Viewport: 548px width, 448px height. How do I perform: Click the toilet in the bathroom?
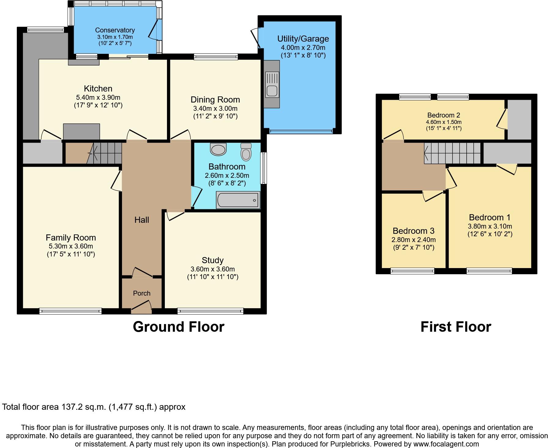tap(246, 152)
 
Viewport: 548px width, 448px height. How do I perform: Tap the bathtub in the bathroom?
tap(238, 200)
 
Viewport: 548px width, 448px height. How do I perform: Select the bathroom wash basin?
tap(218, 149)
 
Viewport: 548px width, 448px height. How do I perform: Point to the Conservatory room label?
tap(115, 30)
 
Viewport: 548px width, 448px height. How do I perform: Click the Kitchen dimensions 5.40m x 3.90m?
tap(98, 98)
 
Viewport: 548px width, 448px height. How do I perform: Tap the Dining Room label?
tap(215, 99)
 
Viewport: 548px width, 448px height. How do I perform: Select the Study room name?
tap(213, 260)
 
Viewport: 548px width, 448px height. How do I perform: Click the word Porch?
tap(142, 293)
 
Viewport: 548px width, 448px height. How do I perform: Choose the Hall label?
tap(142, 220)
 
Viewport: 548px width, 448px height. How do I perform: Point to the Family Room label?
tap(71, 237)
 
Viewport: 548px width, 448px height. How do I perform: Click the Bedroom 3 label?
tap(413, 231)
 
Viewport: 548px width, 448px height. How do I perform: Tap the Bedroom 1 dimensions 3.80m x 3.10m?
tap(490, 226)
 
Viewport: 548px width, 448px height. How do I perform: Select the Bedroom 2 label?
tap(444, 115)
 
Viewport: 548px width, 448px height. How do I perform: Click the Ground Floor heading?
tap(179, 327)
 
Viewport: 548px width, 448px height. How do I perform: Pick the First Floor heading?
tap(456, 327)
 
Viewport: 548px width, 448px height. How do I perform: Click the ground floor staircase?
tap(104, 152)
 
